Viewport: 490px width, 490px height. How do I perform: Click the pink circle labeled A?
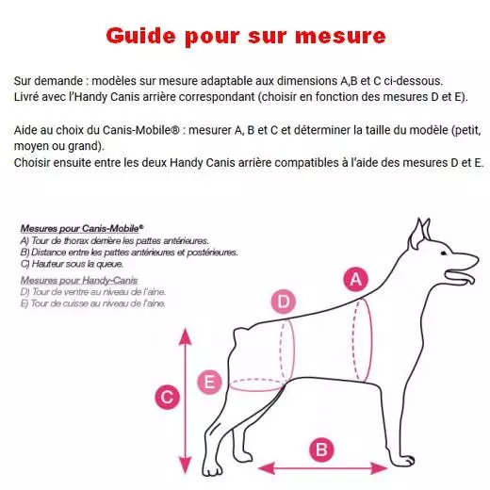[x=355, y=279]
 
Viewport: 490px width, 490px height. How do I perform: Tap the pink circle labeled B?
[x=321, y=449]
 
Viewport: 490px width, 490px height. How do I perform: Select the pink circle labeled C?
[x=167, y=397]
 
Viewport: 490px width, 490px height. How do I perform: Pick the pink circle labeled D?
[x=284, y=302]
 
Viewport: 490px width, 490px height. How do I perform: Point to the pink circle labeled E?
[x=209, y=383]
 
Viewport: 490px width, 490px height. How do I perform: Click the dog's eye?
[x=444, y=253]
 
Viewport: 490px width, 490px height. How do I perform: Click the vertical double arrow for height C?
[x=186, y=400]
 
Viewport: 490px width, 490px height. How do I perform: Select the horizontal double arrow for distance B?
[x=322, y=468]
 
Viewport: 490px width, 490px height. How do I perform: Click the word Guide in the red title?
[x=140, y=36]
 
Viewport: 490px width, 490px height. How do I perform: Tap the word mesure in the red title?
[x=340, y=37]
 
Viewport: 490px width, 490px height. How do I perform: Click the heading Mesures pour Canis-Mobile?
[x=82, y=228]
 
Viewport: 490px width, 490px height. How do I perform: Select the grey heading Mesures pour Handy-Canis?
[x=79, y=280]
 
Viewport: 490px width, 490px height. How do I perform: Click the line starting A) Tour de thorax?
[x=114, y=241]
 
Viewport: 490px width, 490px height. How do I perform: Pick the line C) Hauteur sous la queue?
[x=72, y=264]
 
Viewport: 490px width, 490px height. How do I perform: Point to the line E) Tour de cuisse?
[x=92, y=303]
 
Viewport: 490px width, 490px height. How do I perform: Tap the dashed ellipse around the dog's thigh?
[x=257, y=384]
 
